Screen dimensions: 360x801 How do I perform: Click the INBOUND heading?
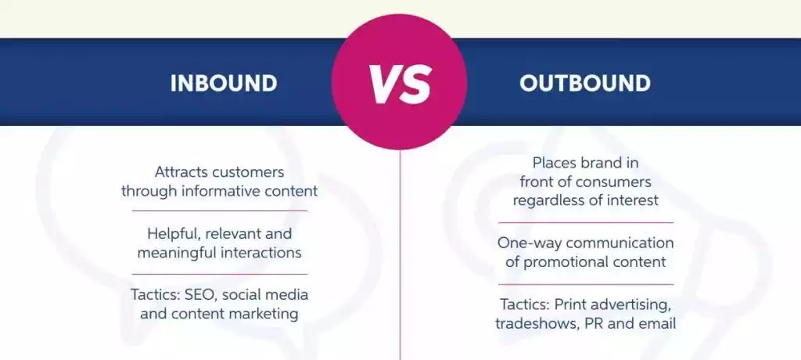[224, 83]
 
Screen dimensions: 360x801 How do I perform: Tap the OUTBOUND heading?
[585, 83]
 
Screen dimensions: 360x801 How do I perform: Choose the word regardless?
[548, 200]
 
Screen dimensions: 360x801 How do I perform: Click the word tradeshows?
[533, 322]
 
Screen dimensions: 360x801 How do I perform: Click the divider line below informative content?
[219, 211]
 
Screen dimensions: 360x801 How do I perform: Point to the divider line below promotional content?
[585, 284]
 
